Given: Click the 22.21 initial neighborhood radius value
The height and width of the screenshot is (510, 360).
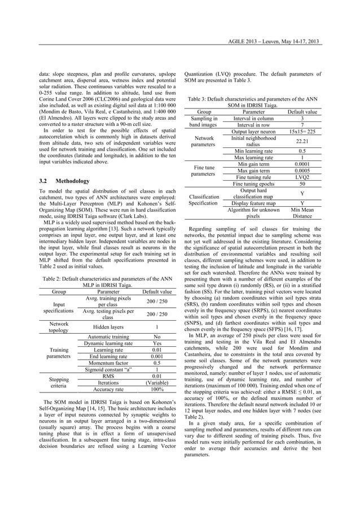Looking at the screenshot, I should coord(302,141).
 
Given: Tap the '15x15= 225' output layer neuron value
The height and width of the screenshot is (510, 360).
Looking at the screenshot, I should coord(302,131).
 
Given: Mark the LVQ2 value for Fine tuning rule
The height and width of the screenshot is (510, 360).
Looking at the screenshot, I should coord(302,177).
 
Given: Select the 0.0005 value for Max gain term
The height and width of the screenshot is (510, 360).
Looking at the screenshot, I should coord(302,170).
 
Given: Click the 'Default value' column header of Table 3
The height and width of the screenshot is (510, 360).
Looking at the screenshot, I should coord(302,111).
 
